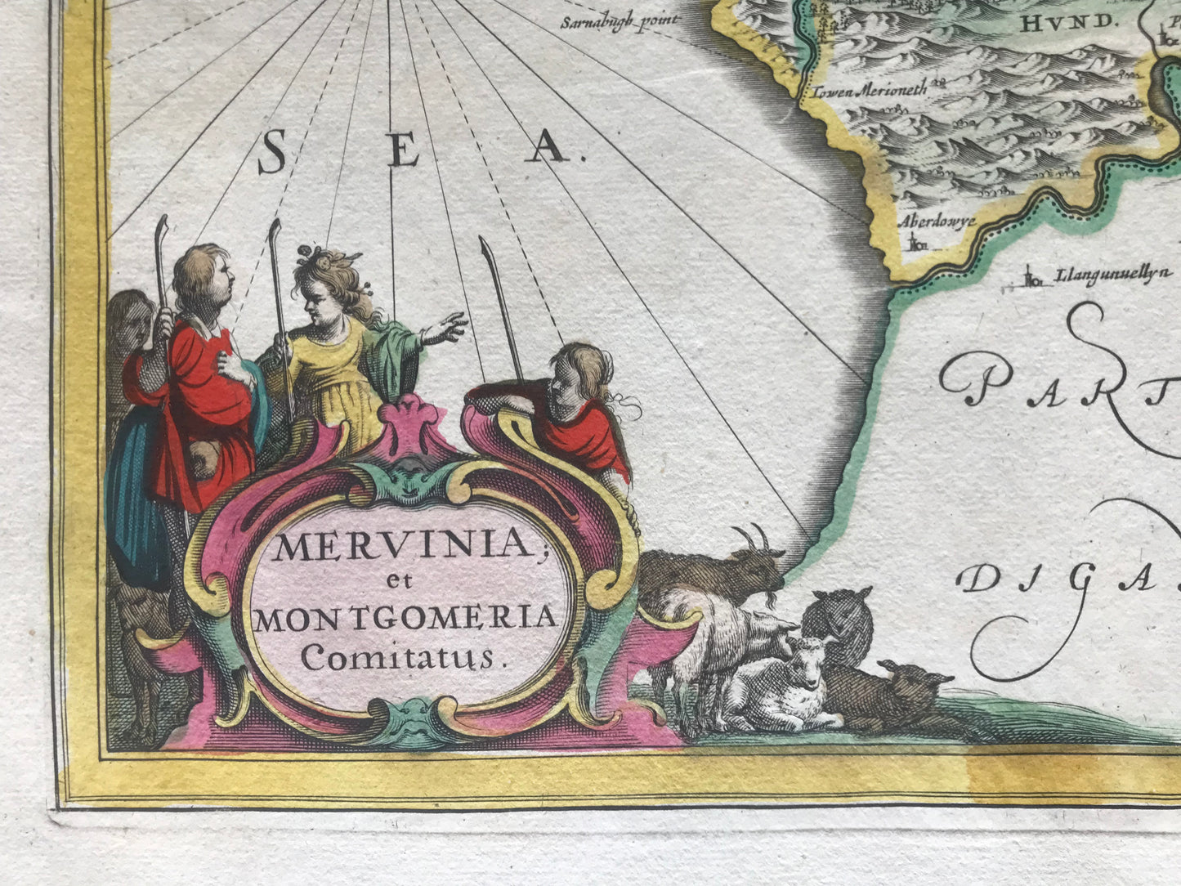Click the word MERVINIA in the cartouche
(402, 546)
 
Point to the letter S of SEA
(272, 154)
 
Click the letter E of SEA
(405, 150)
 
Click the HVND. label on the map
(1067, 24)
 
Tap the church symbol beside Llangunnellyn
(1034, 280)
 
